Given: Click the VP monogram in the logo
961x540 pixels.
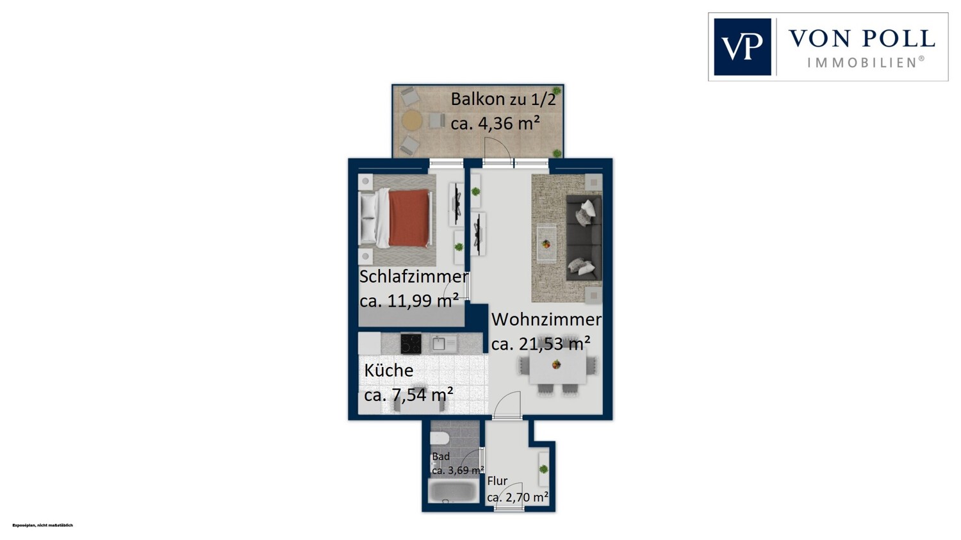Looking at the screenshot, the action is pos(742,47).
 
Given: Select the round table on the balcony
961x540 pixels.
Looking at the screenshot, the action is pos(412,120).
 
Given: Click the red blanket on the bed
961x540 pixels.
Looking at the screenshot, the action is pos(409,218).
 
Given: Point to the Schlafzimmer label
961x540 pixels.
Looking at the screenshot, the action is pos(413,277).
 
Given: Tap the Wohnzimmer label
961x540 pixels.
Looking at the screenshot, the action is pos(546,320).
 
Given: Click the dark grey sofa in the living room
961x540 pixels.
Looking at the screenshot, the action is pos(584,238).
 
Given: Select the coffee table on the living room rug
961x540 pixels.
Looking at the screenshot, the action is pos(546,243).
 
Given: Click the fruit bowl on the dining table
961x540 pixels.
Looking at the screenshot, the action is pos(557,364).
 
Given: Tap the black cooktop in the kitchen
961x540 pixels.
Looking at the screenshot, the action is pos(411,343).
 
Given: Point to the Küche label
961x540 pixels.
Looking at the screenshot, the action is pos(389,371).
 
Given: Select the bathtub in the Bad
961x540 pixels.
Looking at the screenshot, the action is pos(454,491).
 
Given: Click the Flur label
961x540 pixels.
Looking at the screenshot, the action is pos(497,481).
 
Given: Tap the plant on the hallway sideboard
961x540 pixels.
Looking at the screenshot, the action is pos(543,470).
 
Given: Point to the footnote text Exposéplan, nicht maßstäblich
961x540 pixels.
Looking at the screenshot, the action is pos(42,525).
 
